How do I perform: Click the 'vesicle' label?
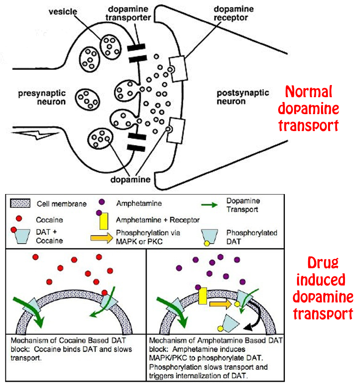[x=63, y=12]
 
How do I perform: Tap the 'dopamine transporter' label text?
[x=128, y=13]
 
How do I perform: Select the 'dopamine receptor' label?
[x=233, y=13]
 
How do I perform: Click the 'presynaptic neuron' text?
[x=42, y=98]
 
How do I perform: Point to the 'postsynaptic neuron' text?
[x=242, y=97]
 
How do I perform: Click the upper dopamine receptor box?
[x=177, y=69]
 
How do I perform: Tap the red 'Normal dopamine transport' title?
[x=309, y=109]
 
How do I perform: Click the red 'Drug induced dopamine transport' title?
[x=323, y=288]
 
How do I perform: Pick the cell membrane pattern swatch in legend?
[x=20, y=203]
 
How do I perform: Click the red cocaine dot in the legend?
[x=19, y=219]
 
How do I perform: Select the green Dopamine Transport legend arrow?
[x=209, y=205]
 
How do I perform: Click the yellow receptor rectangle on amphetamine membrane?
[x=202, y=296]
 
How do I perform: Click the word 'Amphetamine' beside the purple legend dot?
[x=139, y=203]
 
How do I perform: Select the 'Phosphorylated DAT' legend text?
[x=251, y=237]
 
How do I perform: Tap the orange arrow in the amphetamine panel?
[x=220, y=304]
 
